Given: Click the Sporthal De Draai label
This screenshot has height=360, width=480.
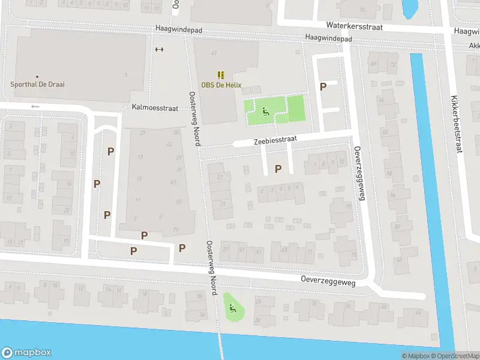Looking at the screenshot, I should (x=37, y=85).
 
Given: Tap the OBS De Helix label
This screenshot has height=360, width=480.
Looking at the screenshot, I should (x=221, y=85).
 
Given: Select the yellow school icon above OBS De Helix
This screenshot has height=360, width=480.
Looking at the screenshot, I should (x=221, y=75).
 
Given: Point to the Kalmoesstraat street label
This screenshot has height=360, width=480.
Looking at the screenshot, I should (x=155, y=108).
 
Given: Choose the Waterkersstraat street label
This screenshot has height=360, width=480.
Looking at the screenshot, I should (x=354, y=26).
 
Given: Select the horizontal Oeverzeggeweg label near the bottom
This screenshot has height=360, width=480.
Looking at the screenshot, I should (x=328, y=281).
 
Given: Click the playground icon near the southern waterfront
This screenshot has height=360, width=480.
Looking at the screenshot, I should (x=232, y=310).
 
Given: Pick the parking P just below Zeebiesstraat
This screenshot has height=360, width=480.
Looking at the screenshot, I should (x=278, y=169).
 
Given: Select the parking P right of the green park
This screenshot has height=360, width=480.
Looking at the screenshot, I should (x=323, y=86).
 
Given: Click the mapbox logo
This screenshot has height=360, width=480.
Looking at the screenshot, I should (x=26, y=353).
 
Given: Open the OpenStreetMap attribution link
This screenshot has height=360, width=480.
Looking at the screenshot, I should (x=454, y=356).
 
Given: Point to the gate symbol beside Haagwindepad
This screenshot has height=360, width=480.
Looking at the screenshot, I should (x=159, y=50).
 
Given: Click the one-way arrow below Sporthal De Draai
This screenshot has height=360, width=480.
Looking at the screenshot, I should (x=35, y=107).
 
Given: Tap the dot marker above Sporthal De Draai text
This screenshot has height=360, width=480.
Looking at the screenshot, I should (x=37, y=77).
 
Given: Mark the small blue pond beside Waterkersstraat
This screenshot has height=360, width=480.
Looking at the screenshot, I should (x=410, y=7).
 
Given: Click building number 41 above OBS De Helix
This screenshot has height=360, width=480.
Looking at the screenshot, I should (x=214, y=54).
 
